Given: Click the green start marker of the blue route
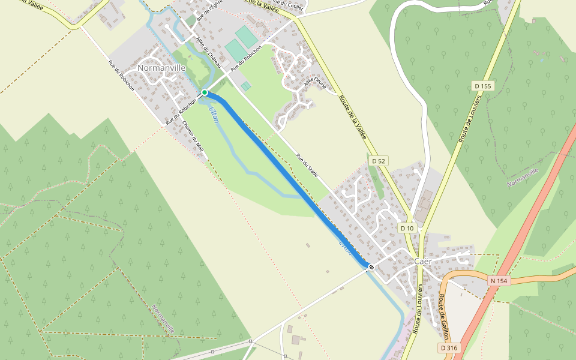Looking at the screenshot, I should (x=205, y=92).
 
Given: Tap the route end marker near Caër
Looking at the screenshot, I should (x=371, y=267).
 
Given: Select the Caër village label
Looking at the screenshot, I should (x=423, y=261).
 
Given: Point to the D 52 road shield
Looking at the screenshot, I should (x=377, y=161).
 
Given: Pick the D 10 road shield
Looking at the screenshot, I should (x=407, y=228).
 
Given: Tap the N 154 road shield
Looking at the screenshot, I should (x=499, y=281).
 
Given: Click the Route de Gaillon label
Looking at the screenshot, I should (x=445, y=313).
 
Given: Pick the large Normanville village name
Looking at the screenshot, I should (x=161, y=68).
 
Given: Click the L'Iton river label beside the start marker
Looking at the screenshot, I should (x=213, y=113).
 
